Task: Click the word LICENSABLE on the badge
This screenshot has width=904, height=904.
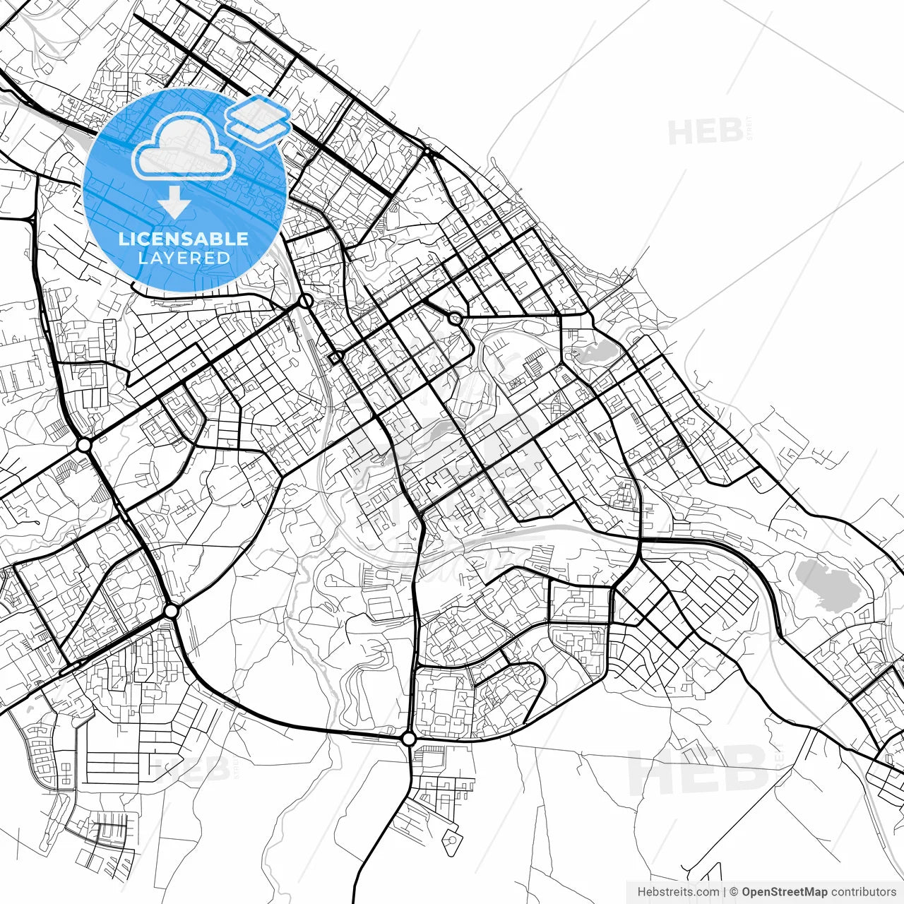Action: click(184, 239)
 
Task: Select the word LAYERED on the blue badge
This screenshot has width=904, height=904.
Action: click(184, 258)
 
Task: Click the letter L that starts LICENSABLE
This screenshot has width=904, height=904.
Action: click(123, 239)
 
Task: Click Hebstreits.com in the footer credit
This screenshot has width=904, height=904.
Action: click(678, 892)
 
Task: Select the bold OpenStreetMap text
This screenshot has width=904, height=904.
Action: click(785, 892)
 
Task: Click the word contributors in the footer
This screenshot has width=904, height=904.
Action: click(864, 892)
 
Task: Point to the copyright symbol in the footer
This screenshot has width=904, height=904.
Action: click(734, 892)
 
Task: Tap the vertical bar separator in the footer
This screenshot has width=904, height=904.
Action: click(725, 892)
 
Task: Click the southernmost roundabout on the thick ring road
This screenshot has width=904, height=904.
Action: click(408, 739)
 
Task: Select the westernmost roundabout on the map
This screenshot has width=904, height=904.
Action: click(84, 445)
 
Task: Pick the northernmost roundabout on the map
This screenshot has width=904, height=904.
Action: click(427, 151)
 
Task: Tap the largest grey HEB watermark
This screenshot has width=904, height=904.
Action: click(696, 771)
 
